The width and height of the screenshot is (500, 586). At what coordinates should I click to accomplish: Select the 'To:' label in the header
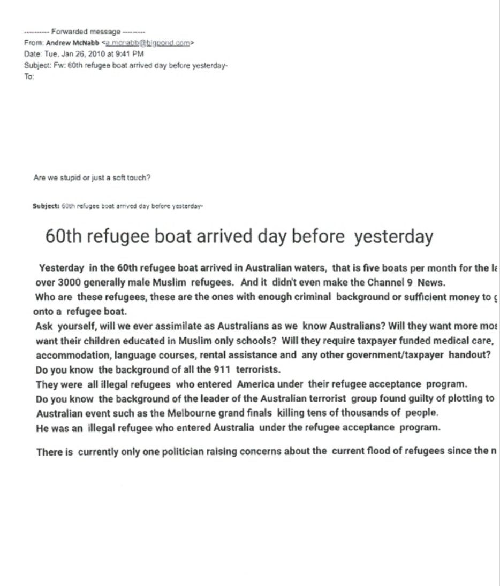(x=29, y=76)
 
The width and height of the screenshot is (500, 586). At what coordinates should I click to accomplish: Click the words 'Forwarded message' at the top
(x=86, y=33)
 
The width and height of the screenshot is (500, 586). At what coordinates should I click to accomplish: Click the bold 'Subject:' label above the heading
(x=46, y=206)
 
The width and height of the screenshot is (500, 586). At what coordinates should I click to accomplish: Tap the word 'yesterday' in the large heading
(x=393, y=236)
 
